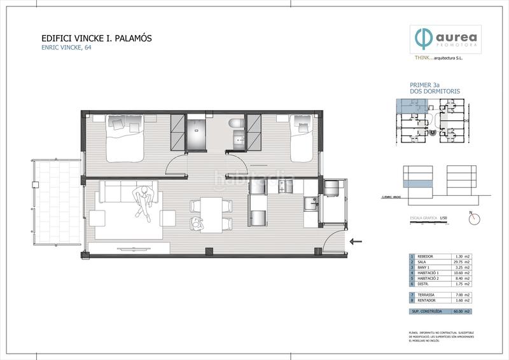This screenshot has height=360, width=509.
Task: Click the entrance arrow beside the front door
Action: coord(357,241)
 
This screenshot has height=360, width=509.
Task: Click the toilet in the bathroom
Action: coord(236,122)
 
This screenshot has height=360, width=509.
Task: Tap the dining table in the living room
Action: coord(210,213)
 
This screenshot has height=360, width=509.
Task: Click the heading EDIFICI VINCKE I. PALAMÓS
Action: coord(96,39)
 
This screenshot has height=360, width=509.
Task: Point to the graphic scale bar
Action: coord(430,224)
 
